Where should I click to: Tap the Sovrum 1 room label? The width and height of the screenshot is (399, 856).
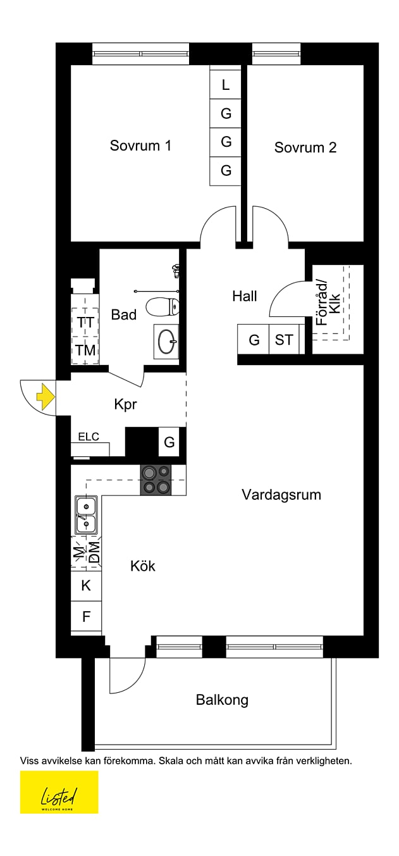click(140, 146)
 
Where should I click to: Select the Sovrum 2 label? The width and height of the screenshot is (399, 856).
click(305, 147)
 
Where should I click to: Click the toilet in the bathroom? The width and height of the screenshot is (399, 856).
click(163, 307)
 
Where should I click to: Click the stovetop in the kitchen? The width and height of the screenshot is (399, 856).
click(156, 480)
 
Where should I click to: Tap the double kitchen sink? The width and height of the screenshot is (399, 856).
click(85, 515)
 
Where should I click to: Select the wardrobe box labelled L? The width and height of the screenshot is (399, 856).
click(226, 85)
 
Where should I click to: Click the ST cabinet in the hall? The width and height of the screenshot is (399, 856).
click(284, 340)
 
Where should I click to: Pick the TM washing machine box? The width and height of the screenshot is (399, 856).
click(85, 350)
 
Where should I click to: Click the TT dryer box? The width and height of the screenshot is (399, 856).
click(85, 322)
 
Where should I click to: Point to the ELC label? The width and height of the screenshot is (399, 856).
click(89, 437)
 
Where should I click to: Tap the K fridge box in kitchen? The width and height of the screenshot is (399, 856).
click(86, 586)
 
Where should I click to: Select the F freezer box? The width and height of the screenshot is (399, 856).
click(86, 616)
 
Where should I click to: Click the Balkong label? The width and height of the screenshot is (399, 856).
click(222, 700)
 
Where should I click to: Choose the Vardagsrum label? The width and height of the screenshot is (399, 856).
click(281, 495)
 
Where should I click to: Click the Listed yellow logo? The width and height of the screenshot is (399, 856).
click(59, 791)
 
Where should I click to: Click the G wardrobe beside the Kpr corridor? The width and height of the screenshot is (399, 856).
click(169, 442)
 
